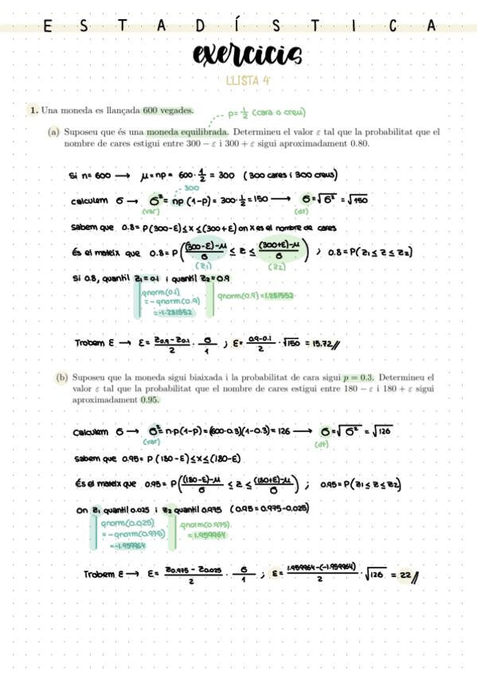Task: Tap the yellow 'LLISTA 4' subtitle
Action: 248,80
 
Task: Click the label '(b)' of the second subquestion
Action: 54,377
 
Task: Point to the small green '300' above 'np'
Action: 190,188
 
